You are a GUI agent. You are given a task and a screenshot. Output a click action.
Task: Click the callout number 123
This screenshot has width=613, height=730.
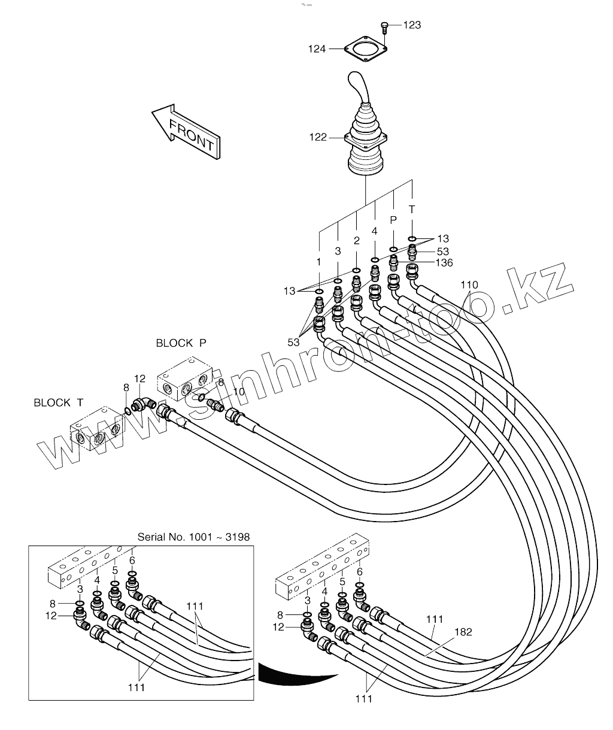pyautogui.click(x=412, y=25)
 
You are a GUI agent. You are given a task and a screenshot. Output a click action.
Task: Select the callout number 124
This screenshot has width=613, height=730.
pyautogui.click(x=317, y=49)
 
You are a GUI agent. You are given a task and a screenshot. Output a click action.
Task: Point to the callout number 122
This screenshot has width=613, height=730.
pyautogui.click(x=318, y=137)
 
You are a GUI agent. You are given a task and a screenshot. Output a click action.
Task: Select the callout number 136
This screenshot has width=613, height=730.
pyautogui.click(x=444, y=262)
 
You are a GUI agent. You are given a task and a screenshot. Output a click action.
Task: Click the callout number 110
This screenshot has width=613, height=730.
pyautogui.click(x=469, y=284)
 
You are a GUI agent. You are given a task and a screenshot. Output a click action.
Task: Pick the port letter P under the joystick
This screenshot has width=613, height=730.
pyautogui.click(x=393, y=220)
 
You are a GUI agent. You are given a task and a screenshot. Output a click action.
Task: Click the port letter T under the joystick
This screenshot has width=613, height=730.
pyautogui.click(x=412, y=209)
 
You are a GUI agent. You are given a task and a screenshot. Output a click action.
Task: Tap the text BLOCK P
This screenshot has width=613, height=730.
pyautogui.click(x=181, y=343)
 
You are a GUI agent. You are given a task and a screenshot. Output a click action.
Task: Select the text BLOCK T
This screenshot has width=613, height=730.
pyautogui.click(x=59, y=402)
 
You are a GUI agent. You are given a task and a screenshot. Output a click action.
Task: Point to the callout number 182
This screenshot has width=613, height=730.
pyautogui.click(x=463, y=632)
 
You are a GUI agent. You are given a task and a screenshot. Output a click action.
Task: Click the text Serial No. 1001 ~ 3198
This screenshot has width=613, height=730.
pyautogui.click(x=193, y=537)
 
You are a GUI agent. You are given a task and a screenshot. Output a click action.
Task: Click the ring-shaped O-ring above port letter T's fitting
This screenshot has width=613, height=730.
pyautogui.click(x=412, y=238)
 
